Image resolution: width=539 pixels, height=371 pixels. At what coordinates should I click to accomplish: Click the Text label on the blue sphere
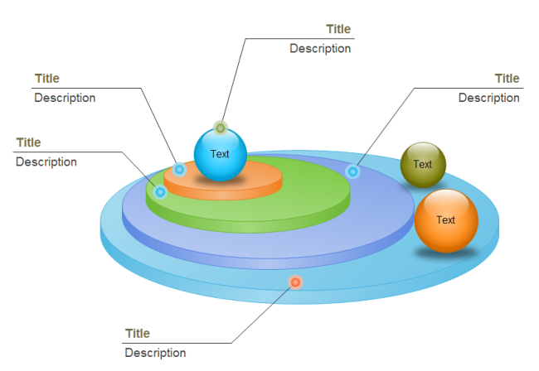coord(220,154)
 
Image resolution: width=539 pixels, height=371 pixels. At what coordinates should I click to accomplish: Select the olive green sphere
coord(423,164)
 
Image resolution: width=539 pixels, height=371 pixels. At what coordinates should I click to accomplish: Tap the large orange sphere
coord(446,220)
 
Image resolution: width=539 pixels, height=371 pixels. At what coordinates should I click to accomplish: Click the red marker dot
coord(295,282)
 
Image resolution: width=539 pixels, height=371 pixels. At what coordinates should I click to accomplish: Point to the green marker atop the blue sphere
coord(220,128)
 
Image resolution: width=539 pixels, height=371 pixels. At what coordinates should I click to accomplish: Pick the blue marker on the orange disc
coord(179,169)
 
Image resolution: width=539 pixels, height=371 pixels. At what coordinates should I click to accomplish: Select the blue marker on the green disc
coord(161,192)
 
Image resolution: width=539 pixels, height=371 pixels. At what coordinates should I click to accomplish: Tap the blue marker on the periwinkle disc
coord(352,171)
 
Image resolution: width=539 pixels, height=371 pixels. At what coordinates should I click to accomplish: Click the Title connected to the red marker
coord(138,334)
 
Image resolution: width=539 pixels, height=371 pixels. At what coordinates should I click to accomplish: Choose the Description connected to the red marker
coord(155,353)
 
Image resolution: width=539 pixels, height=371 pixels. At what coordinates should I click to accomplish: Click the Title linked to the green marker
coord(338,29)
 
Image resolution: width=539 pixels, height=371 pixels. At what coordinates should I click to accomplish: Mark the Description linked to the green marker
coord(320,48)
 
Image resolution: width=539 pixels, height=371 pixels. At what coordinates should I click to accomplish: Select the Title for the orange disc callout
coord(47,79)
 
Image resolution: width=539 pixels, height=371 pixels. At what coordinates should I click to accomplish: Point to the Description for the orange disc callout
coord(65,98)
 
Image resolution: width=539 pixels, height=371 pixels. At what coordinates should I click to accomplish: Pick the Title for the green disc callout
coord(28,142)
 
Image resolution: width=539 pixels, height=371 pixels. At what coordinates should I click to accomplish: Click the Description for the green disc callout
coord(46,161)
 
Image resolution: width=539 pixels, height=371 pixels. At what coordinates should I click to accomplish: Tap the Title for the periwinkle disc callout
coord(507,79)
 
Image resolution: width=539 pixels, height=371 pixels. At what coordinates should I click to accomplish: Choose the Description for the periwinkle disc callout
coord(489,98)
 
